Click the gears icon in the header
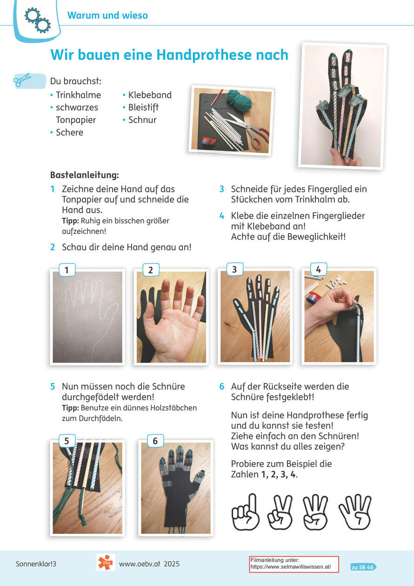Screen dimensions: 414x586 click(37, 20)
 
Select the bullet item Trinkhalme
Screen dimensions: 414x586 click(78, 95)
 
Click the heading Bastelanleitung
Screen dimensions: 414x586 click(85, 175)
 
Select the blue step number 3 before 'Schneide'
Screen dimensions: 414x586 click(221, 189)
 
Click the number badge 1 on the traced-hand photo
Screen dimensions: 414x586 click(67, 269)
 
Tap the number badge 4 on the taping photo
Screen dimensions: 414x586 click(319, 269)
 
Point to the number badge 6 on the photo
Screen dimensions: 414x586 click(155, 441)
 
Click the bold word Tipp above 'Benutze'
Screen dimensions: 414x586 click(70, 408)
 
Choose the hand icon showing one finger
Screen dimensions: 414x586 click(246, 512)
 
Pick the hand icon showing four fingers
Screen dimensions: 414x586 click(355, 512)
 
